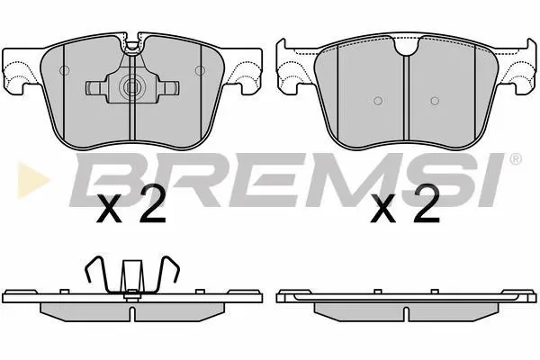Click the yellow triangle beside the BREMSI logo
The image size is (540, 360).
[32, 180]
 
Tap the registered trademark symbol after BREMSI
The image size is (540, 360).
[515, 159]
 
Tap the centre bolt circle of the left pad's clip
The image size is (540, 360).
[131, 86]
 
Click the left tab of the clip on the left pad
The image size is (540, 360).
[95, 87]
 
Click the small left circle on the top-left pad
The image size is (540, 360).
[65, 70]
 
